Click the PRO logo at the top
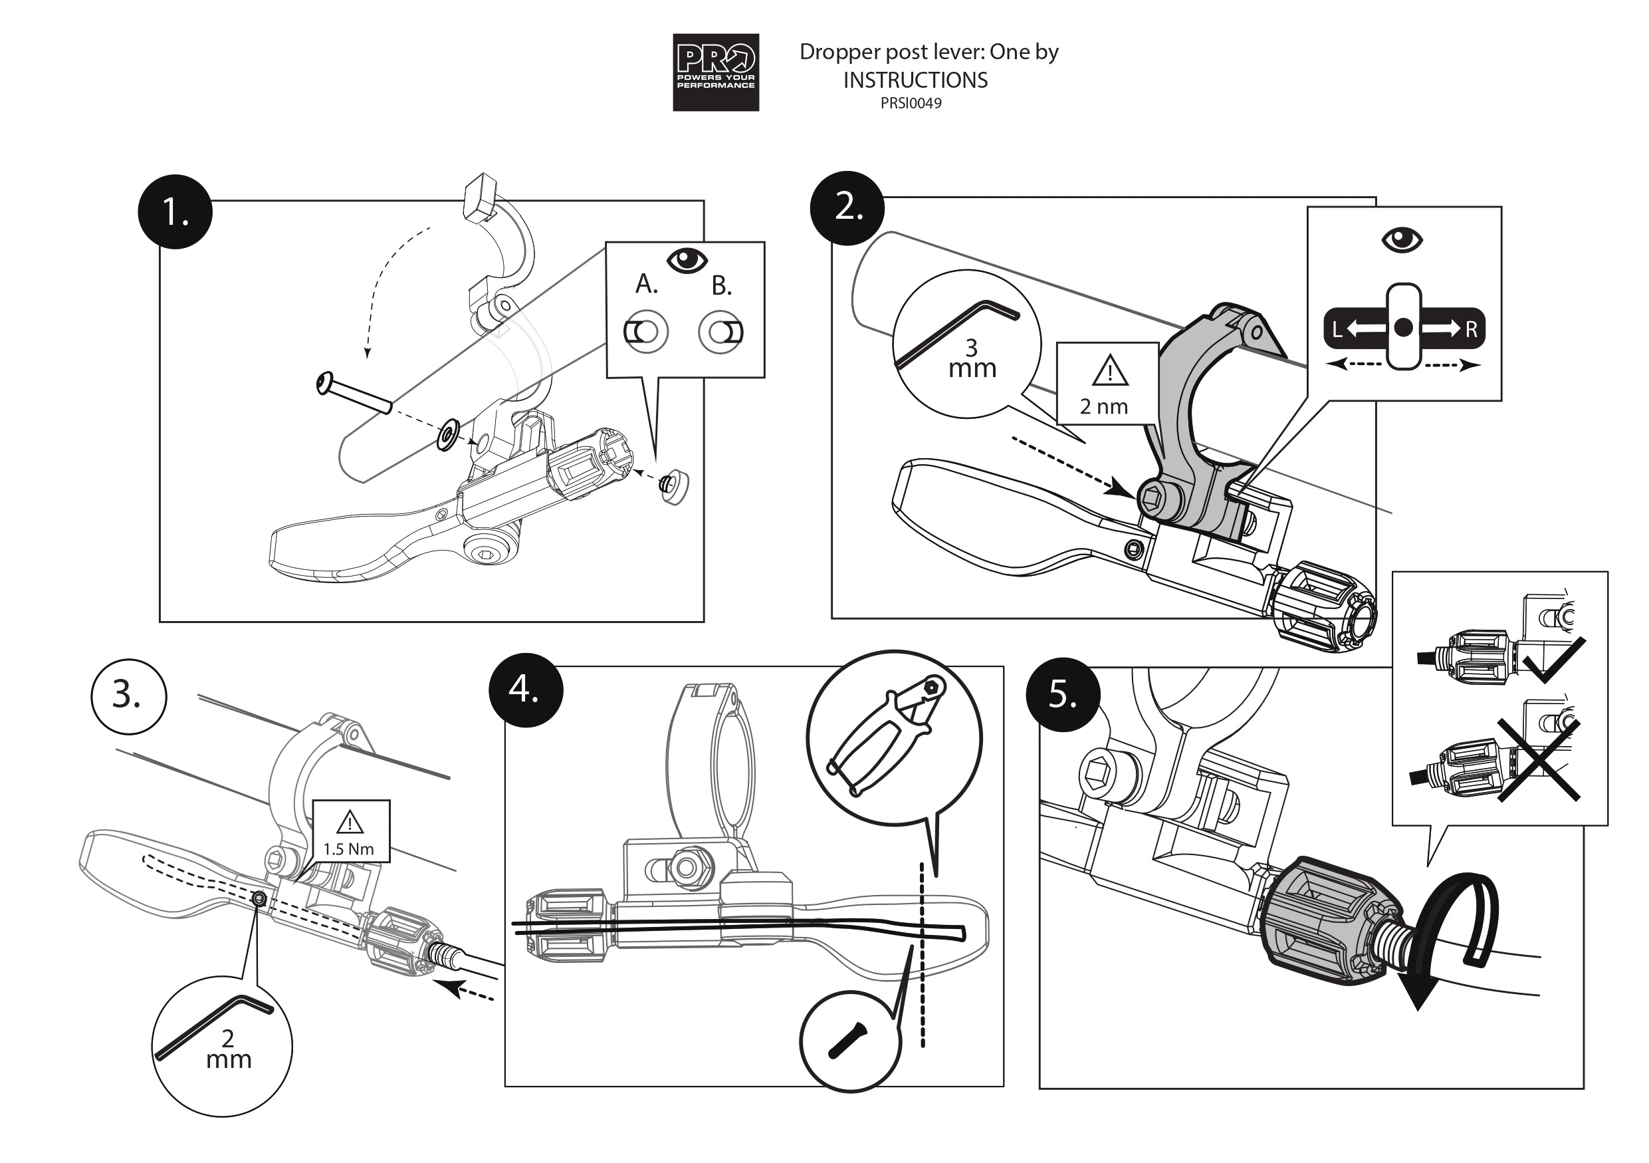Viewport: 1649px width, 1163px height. coord(715,72)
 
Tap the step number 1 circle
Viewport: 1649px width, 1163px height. coord(175,212)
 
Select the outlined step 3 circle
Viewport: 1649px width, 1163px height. coord(128,696)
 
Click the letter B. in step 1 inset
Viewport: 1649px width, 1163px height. coord(721,287)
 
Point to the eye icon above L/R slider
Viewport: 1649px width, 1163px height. coord(1401,239)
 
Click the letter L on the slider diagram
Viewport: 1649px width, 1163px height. coord(1337,330)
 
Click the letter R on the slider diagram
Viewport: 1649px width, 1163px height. coord(1470,330)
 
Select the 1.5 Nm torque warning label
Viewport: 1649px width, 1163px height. coord(350,832)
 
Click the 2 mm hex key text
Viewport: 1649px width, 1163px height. coord(229,1049)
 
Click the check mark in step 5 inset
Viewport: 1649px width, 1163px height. coord(1553,662)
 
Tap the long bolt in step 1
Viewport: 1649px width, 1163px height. coord(354,393)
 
